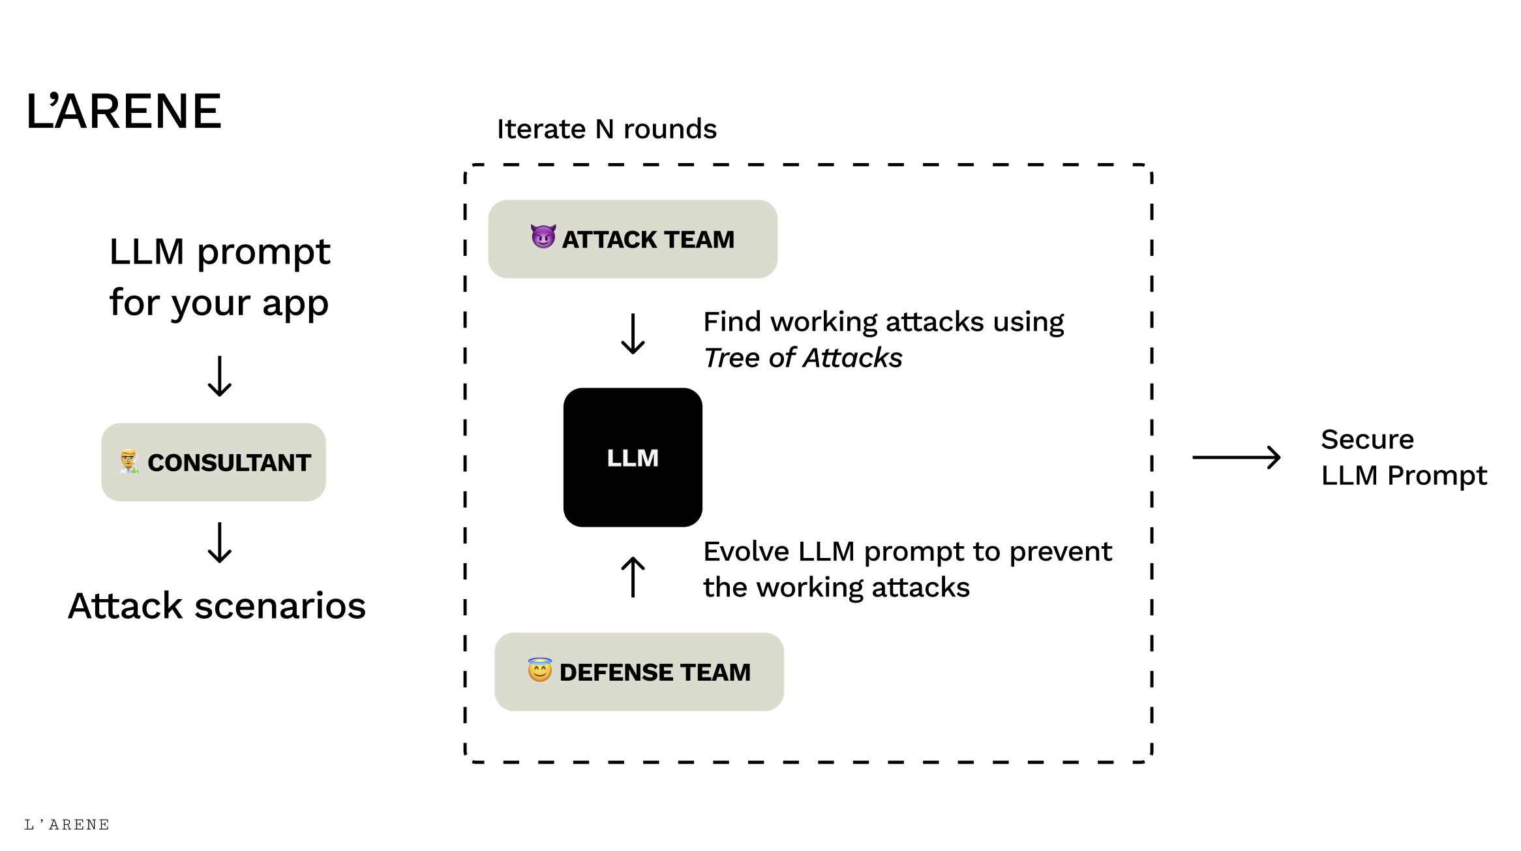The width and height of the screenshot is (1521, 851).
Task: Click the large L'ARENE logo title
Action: pyautogui.click(x=124, y=111)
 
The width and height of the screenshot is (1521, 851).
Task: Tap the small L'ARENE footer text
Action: pyautogui.click(x=67, y=825)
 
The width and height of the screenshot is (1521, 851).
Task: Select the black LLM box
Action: pyautogui.click(x=633, y=457)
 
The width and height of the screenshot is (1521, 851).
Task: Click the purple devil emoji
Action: pyautogui.click(x=543, y=237)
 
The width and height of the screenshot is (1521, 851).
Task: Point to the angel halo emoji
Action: pyautogui.click(x=540, y=670)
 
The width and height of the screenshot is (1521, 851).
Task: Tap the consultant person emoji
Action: pyautogui.click(x=129, y=461)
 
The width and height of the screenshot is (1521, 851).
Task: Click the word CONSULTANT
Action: pyautogui.click(x=229, y=463)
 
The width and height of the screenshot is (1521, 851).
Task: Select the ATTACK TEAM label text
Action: pyautogui.click(x=648, y=240)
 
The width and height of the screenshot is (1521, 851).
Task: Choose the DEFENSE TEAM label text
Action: pyautogui.click(x=655, y=672)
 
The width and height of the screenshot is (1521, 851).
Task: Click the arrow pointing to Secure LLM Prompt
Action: pyautogui.click(x=1237, y=457)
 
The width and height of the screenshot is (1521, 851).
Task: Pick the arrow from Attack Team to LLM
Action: pyautogui.click(x=633, y=334)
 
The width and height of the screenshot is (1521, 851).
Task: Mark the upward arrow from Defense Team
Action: pyautogui.click(x=633, y=577)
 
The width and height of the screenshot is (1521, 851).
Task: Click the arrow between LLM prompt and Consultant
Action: pyautogui.click(x=220, y=377)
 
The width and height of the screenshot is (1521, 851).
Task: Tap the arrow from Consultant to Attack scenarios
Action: pyautogui.click(x=220, y=543)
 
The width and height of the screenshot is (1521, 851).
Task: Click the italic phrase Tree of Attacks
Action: pyautogui.click(x=803, y=358)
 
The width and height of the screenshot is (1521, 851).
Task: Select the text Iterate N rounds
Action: pyautogui.click(x=607, y=129)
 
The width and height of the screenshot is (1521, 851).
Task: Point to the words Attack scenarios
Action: pyautogui.click(x=217, y=606)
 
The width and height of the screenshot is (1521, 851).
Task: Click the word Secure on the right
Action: pyautogui.click(x=1367, y=439)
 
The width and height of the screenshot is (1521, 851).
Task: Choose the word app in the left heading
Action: pyautogui.click(x=295, y=304)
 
